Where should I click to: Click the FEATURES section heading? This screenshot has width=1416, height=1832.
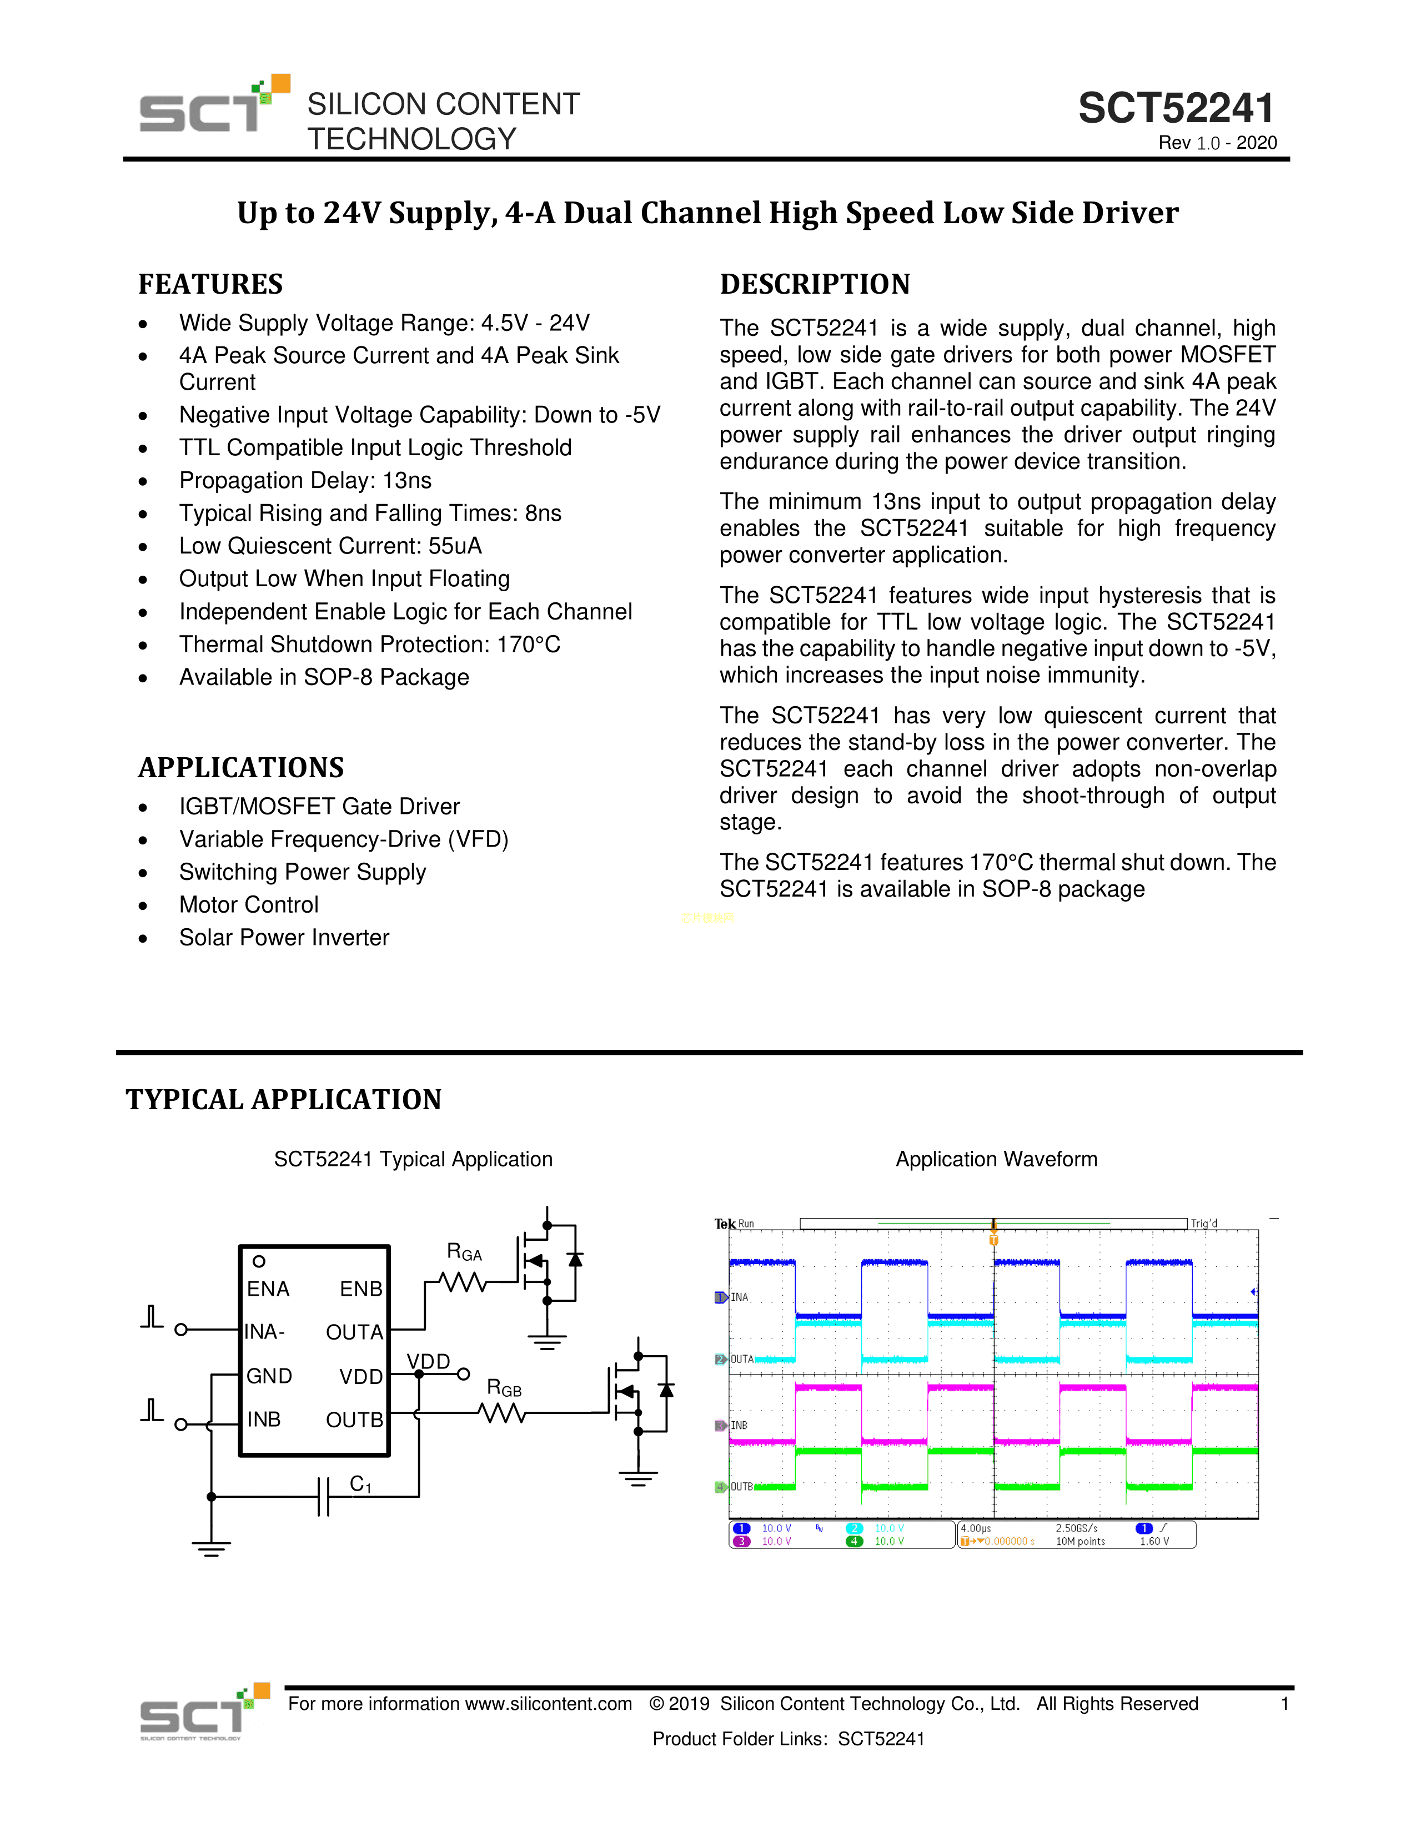(210, 284)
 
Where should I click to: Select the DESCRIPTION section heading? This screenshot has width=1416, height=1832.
(815, 284)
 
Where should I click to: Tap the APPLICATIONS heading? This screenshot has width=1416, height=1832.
(241, 768)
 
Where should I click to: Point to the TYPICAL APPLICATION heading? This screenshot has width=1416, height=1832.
(284, 1099)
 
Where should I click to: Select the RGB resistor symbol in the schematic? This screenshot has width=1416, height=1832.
(503, 1415)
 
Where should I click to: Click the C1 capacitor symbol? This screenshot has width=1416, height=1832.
(324, 1497)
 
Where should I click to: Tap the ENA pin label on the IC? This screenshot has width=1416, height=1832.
(268, 1289)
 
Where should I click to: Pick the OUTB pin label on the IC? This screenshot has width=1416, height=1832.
(354, 1420)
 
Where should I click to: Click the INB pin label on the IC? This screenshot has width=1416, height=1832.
(263, 1420)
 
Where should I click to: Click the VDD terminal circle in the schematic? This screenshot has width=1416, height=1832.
(463, 1374)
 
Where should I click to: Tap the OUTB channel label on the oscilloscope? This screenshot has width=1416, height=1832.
(741, 1486)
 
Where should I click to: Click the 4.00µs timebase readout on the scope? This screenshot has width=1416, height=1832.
(976, 1528)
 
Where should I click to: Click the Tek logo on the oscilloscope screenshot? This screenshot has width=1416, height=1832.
(724, 1224)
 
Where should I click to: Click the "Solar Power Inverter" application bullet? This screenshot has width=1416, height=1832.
(284, 938)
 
